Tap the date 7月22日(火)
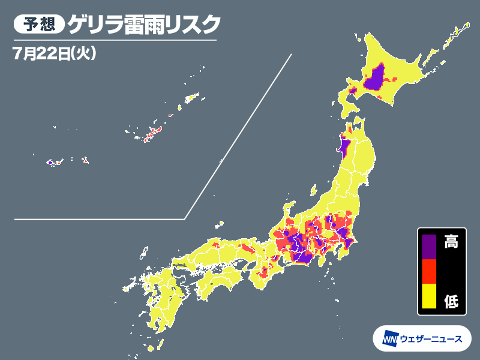click(53, 53)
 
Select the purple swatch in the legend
click(428, 245)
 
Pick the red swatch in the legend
click(428, 271)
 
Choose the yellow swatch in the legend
click(428, 297)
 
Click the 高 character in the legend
click(451, 242)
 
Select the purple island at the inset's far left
click(51, 162)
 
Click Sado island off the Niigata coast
click(313, 190)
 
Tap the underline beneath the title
click(114, 40)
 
